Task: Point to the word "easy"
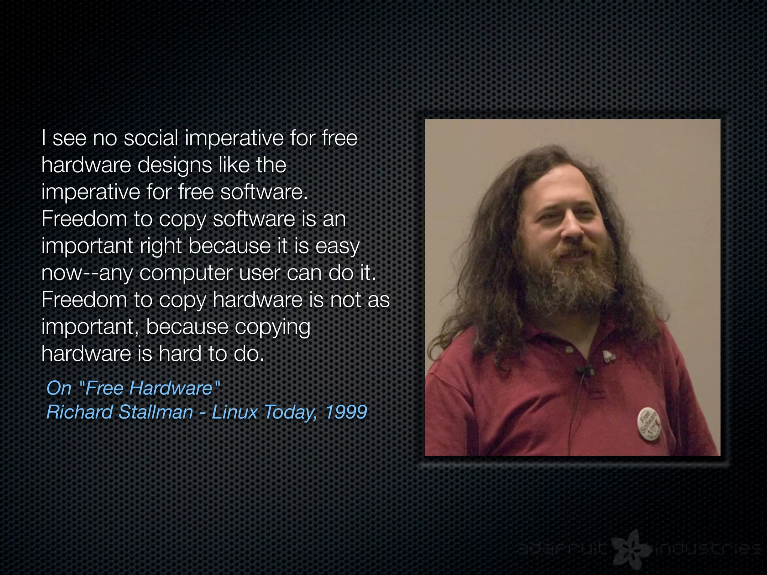pyautogui.click(x=337, y=246)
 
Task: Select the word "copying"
pyautogui.click(x=273, y=327)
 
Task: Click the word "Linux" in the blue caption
pyautogui.click(x=235, y=412)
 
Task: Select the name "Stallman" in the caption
pyautogui.click(x=155, y=412)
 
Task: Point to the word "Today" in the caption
pyautogui.click(x=290, y=413)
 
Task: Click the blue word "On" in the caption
pyautogui.click(x=59, y=388)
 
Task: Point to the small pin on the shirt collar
pyautogui.click(x=609, y=356)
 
